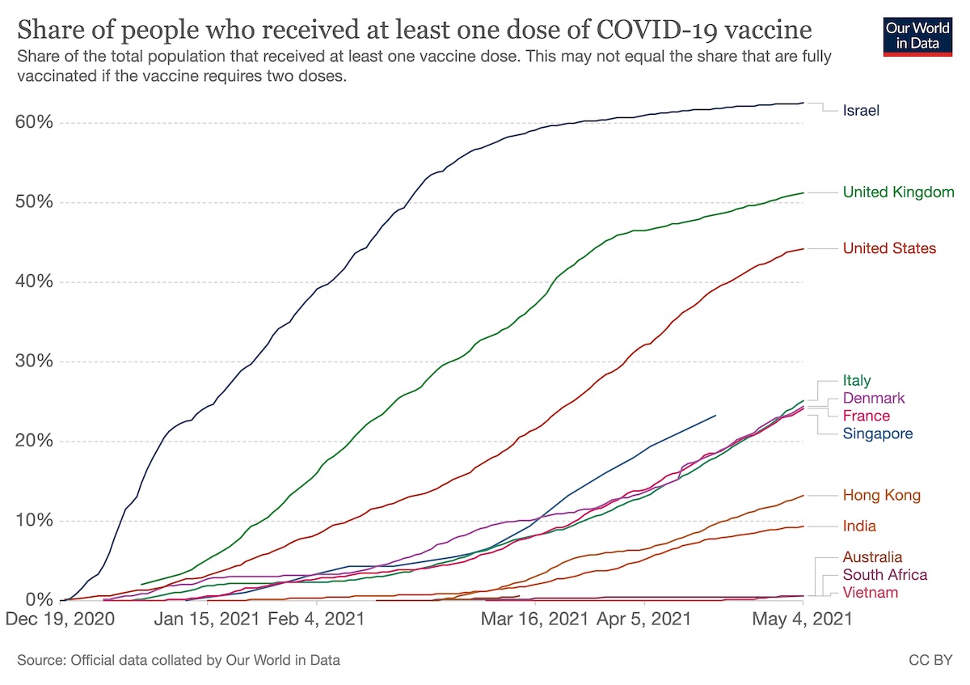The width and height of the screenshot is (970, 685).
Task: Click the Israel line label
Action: [861, 110]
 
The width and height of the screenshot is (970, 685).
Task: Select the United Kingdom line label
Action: [898, 192]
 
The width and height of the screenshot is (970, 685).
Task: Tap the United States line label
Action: [889, 248]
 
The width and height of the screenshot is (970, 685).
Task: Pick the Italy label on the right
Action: [857, 380]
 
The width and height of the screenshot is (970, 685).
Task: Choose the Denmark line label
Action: [874, 398]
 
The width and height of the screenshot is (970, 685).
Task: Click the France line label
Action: [866, 416]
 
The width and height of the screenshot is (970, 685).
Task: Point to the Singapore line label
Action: [877, 433]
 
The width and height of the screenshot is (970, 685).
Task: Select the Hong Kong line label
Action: [881, 495]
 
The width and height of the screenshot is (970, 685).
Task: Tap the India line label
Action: [859, 526]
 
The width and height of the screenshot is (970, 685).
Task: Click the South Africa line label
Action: [884, 575]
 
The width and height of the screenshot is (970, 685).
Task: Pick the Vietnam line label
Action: [870, 593]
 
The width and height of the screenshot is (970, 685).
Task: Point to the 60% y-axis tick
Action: [34, 123]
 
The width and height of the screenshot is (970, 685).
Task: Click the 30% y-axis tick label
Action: [34, 362]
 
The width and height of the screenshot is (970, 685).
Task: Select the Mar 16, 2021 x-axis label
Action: [534, 619]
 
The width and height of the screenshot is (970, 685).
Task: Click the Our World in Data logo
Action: [913, 34]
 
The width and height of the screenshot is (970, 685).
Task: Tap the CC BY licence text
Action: [931, 661]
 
